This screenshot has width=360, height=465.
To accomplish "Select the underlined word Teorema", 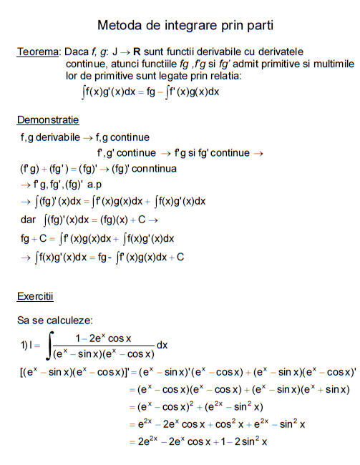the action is [38, 52].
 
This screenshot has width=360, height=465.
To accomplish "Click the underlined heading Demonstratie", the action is [48, 119].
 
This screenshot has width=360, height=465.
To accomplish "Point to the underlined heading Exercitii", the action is [35, 295].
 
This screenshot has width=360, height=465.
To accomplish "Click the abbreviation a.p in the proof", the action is [94, 185].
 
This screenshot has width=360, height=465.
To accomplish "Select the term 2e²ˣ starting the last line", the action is [152, 442].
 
